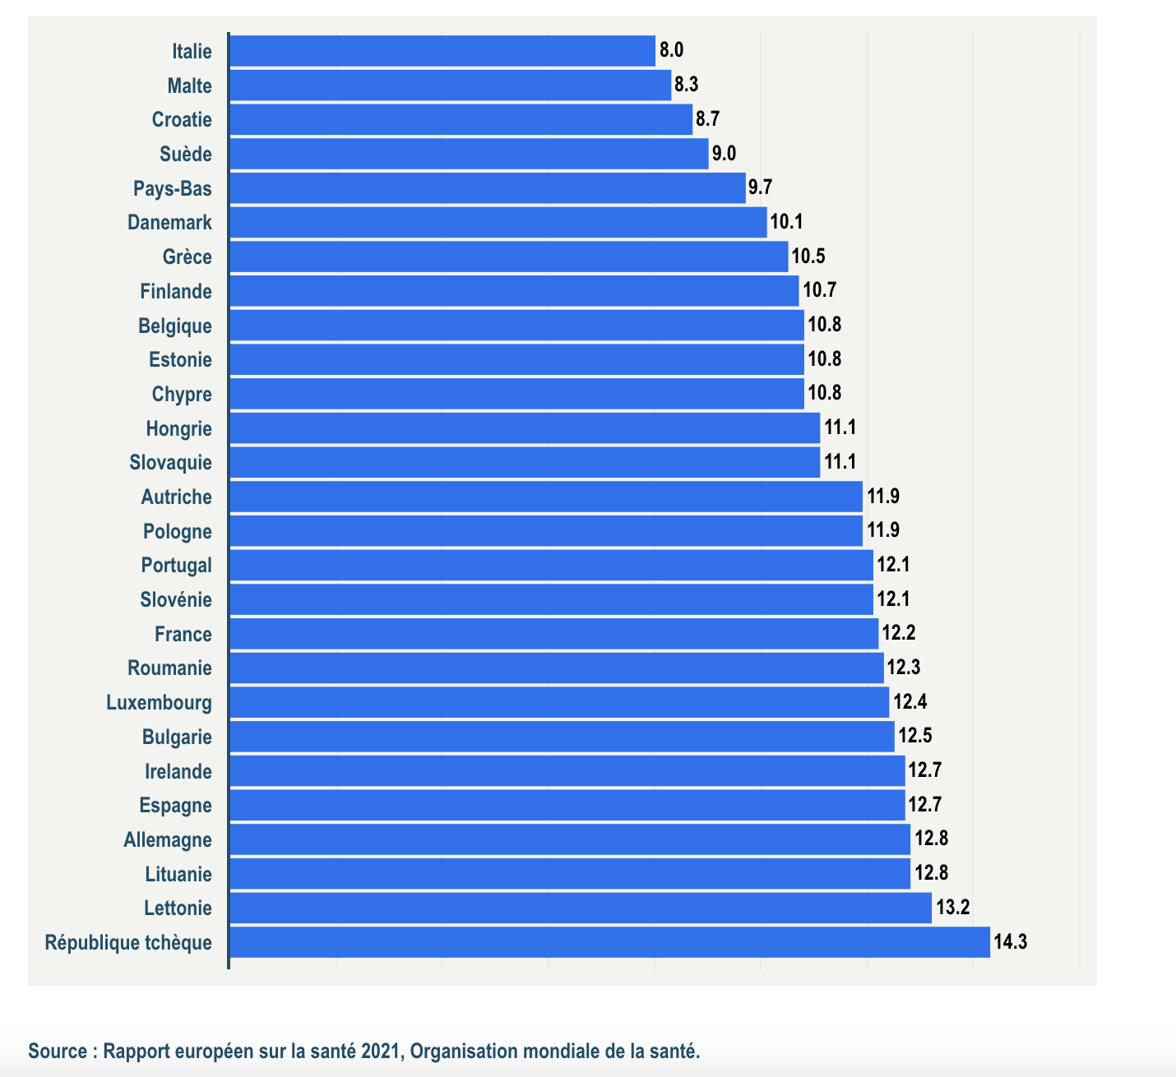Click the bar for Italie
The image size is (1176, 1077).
pyautogui.click(x=442, y=51)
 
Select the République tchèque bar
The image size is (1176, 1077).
pyautogui.click(x=609, y=942)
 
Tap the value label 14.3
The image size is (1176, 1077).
pyautogui.click(x=1010, y=942)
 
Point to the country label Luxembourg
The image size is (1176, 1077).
pyautogui.click(x=159, y=703)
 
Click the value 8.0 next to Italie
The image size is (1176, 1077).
pyautogui.click(x=671, y=50)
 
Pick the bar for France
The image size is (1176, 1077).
pyautogui.click(x=553, y=634)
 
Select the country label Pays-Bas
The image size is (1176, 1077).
pyautogui.click(x=172, y=188)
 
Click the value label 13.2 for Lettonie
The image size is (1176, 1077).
pyautogui.click(x=953, y=908)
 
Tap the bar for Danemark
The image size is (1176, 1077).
pyautogui.click(x=498, y=223)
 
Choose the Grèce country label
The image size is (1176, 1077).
pyautogui.click(x=187, y=257)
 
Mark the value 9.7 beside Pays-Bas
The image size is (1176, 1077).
pyautogui.click(x=760, y=187)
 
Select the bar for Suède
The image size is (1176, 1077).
pyautogui.click(x=469, y=154)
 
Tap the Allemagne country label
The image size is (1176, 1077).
pyautogui.click(x=168, y=839)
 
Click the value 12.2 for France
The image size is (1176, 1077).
pyautogui.click(x=898, y=633)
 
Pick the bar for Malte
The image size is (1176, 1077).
pyautogui.click(x=450, y=86)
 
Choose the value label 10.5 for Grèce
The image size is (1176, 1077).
pyautogui.click(x=808, y=257)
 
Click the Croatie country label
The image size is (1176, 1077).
pyautogui.click(x=182, y=120)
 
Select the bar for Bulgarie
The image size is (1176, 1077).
pyautogui.click(x=562, y=737)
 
